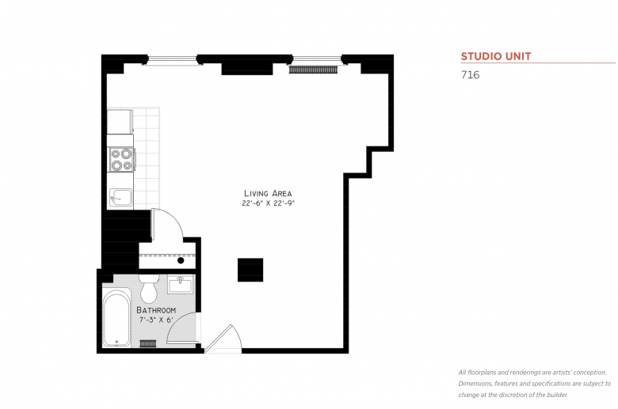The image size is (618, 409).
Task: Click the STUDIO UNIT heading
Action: [495, 56]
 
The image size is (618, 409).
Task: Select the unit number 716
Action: [469, 76]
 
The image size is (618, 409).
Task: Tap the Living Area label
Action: [268, 193]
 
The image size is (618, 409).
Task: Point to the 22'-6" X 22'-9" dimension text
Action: [269, 203]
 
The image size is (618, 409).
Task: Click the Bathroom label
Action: [155, 310]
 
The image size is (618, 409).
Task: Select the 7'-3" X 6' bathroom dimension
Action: [155, 320]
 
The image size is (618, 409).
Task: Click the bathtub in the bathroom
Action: [116, 318]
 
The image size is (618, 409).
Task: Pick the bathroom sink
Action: [181, 283]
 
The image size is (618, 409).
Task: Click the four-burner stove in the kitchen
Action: [121, 160]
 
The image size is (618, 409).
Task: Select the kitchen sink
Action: [120, 197]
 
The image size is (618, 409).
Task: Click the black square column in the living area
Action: [250, 269]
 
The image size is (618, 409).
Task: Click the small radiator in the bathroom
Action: [147, 344]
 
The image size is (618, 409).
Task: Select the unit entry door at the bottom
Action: [223, 340]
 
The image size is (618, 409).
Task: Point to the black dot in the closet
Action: [181, 260]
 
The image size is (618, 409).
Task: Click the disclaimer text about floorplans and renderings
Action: [532, 383]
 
